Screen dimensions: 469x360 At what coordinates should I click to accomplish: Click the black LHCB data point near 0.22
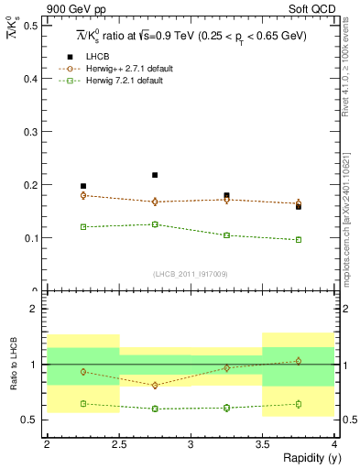point(155,175)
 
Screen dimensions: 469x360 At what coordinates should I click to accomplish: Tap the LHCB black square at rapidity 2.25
point(82,186)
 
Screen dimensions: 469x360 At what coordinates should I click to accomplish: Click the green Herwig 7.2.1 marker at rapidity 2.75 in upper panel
point(155,224)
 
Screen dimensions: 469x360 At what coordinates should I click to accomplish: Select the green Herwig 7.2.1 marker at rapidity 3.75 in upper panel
point(299,240)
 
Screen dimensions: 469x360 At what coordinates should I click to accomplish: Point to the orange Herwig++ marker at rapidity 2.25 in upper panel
point(82,195)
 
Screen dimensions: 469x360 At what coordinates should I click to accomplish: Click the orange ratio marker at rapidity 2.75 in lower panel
point(155,386)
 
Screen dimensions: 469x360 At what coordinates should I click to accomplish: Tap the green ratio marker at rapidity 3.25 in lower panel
point(226,408)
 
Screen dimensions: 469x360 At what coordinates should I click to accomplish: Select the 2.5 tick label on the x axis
point(118,444)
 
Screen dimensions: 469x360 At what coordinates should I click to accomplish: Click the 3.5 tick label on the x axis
point(262,444)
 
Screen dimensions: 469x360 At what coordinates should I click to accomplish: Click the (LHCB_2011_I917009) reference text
point(190,273)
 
